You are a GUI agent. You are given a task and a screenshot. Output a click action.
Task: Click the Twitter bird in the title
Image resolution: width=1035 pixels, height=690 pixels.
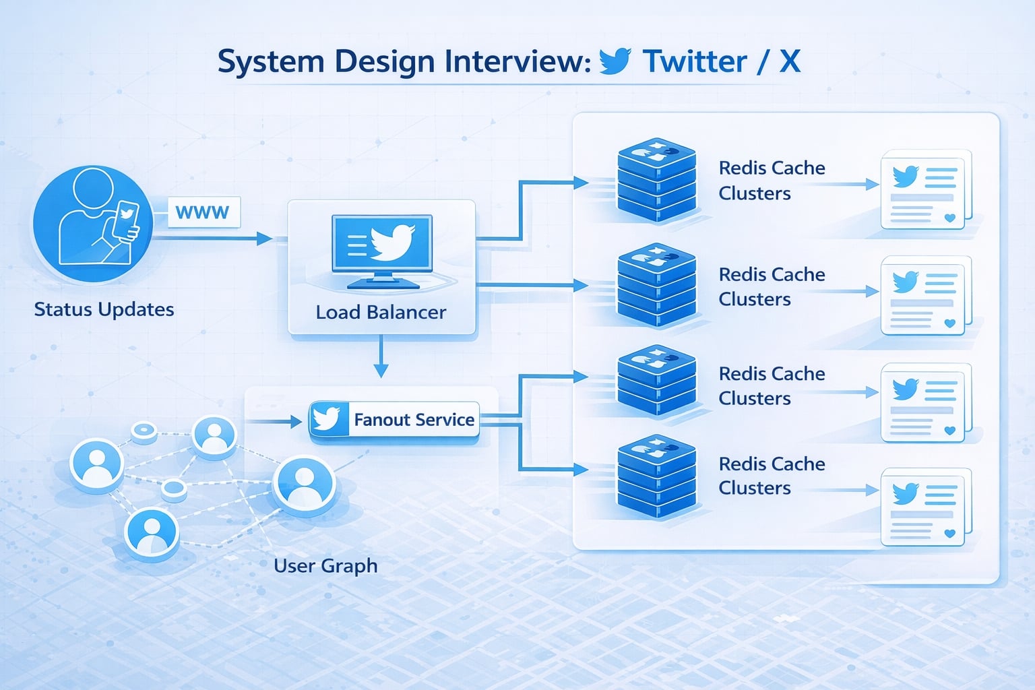tap(615, 61)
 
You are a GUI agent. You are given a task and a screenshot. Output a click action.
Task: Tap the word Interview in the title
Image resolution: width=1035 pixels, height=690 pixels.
tap(517, 61)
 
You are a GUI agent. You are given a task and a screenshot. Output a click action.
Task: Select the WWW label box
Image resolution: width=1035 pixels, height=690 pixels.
tap(203, 212)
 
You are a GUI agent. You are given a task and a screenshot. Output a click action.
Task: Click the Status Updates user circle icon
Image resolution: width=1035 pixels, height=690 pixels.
tap(93, 224)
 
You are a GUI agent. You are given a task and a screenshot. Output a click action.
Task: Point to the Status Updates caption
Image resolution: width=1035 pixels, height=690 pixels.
tap(104, 309)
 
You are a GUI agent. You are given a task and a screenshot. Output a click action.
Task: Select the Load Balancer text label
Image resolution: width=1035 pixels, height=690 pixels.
tap(381, 312)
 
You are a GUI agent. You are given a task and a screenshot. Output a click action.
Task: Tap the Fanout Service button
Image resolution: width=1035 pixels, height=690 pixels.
tap(394, 420)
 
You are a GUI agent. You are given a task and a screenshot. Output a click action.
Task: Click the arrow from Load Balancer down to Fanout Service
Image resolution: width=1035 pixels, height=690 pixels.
tap(381, 356)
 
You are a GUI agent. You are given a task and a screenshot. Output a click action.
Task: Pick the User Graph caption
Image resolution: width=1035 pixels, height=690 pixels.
tap(325, 565)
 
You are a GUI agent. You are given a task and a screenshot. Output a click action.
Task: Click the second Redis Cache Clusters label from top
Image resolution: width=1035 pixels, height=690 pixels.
tap(772, 286)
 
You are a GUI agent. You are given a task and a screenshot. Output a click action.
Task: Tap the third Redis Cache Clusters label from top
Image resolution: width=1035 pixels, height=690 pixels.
tap(772, 385)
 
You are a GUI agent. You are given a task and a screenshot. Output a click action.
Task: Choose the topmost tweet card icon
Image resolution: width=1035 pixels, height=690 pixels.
tap(926, 189)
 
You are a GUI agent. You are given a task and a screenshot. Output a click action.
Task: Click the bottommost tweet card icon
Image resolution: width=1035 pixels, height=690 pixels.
tap(926, 507)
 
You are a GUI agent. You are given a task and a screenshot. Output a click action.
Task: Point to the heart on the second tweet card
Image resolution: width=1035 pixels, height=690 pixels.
tap(950, 323)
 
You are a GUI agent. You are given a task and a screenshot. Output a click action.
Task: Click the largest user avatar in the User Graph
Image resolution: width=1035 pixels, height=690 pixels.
tap(304, 484)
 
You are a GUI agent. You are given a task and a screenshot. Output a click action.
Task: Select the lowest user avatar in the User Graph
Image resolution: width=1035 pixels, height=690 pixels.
tap(152, 532)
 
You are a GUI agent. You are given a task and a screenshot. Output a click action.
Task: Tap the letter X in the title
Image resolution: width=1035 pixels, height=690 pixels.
tap(790, 61)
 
